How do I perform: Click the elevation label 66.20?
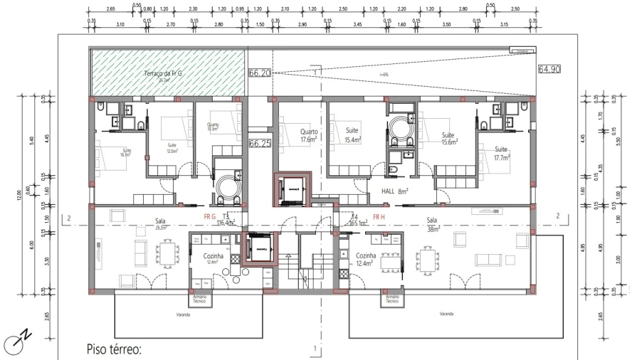(x=260, y=73)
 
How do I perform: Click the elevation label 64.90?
(x=549, y=69)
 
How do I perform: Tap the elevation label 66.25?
(x=260, y=144)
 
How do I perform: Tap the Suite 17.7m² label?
(x=501, y=153)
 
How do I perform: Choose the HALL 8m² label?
(x=391, y=191)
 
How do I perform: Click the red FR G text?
(x=209, y=216)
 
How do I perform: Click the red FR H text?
(x=379, y=216)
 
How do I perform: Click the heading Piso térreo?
(x=114, y=349)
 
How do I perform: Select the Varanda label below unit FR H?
(x=446, y=313)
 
